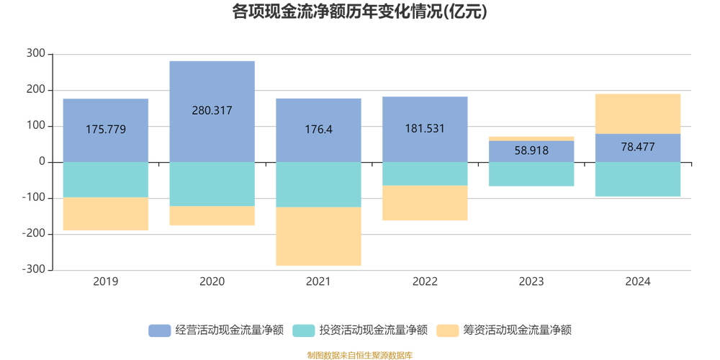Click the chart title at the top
pyautogui.click(x=359, y=12)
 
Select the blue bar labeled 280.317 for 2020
pyautogui.click(x=212, y=86)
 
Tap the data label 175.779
pyautogui.click(x=106, y=130)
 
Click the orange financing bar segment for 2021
pyautogui.click(x=318, y=236)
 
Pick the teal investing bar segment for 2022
pyautogui.click(x=425, y=174)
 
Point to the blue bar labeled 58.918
pyautogui.click(x=531, y=151)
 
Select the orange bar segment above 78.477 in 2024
pyautogui.click(x=638, y=114)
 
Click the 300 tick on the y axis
pyautogui.click(x=36, y=54)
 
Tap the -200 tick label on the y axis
pyautogui.click(x=33, y=234)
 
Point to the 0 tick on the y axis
pyautogui.click(x=42, y=162)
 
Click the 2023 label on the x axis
pyautogui.click(x=531, y=282)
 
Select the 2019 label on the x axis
pyautogui.click(x=106, y=282)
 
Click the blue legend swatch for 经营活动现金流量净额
pyautogui.click(x=160, y=330)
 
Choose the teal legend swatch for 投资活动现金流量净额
pyautogui.click(x=304, y=330)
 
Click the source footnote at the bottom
pyautogui.click(x=359, y=355)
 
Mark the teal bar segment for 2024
pyautogui.click(x=638, y=179)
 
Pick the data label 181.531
pyautogui.click(x=425, y=129)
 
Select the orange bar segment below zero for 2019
pyautogui.click(x=106, y=214)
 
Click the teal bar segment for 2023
pyautogui.click(x=531, y=174)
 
